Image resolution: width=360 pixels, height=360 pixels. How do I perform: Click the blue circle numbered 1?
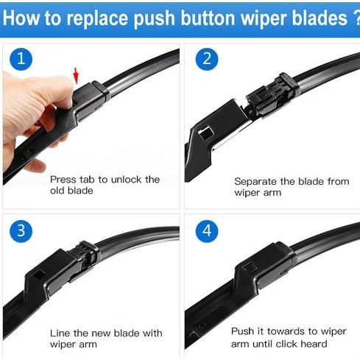[21, 59]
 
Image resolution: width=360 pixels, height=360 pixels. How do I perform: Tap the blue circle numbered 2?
[207, 59]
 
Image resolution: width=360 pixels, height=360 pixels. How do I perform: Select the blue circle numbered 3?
[21, 231]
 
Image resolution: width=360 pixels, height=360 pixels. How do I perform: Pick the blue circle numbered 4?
[207, 231]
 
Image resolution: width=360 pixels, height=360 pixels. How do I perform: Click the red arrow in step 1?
[76, 76]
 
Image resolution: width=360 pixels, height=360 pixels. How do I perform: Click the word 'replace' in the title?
[97, 18]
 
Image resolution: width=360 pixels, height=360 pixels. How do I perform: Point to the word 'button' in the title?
[208, 18]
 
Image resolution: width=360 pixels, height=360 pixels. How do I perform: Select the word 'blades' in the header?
[322, 18]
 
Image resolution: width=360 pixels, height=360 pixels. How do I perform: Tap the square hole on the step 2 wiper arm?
[205, 133]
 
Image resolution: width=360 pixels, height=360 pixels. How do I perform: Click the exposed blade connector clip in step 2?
[270, 97]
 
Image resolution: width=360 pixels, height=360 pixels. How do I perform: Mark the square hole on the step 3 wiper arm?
[38, 274]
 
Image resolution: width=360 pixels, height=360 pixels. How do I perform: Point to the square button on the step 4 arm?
[250, 267]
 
